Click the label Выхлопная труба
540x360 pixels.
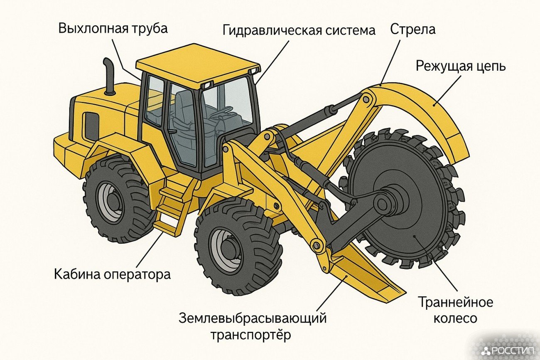(113, 29)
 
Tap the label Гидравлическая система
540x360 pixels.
(299, 30)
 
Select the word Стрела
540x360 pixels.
(413, 30)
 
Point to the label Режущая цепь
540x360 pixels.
(461, 66)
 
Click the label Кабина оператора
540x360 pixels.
(112, 274)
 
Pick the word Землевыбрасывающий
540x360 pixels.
(253, 318)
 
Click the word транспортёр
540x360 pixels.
(251, 335)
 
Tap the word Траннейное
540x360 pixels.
(456, 302)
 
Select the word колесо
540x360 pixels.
(455, 318)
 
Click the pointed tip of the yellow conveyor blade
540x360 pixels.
(405, 295)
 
